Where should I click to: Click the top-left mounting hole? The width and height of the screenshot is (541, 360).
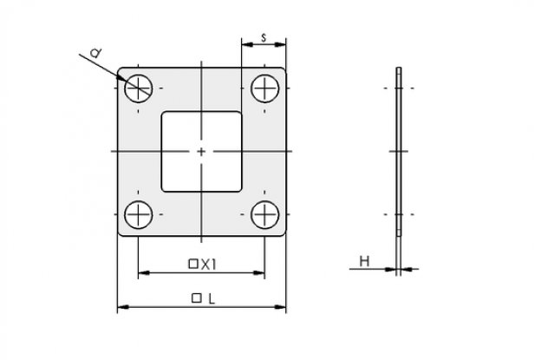(x=139, y=88)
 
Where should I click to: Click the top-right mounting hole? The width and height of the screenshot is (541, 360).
(x=264, y=88)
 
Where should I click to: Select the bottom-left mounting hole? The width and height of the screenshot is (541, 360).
(x=139, y=214)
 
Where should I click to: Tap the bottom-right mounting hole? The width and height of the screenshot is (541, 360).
(x=264, y=214)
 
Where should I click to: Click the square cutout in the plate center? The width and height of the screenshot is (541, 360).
(x=201, y=152)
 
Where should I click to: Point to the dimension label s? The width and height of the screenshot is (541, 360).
(x=264, y=37)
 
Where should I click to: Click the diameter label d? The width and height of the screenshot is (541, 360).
(x=95, y=53)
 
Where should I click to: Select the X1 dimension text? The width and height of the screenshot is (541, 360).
(x=208, y=265)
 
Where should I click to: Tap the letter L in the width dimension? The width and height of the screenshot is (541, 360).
(x=212, y=299)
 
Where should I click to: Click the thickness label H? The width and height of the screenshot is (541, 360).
(x=364, y=261)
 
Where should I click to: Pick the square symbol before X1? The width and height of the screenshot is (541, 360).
(x=192, y=265)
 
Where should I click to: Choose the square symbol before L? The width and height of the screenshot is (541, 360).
(x=196, y=298)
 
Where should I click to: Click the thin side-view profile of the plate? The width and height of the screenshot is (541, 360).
(x=399, y=152)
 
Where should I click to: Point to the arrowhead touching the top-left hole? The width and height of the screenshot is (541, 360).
(x=122, y=78)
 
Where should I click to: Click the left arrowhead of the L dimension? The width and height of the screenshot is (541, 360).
(x=123, y=306)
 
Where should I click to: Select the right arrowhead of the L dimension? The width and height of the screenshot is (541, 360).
(x=280, y=306)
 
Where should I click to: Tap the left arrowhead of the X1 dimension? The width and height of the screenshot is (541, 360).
(x=144, y=272)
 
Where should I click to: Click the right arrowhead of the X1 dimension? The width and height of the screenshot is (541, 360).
(x=258, y=272)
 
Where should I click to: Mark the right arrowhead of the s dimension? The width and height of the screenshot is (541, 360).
(x=280, y=44)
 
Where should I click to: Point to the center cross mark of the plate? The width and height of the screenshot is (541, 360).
(x=201, y=152)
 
